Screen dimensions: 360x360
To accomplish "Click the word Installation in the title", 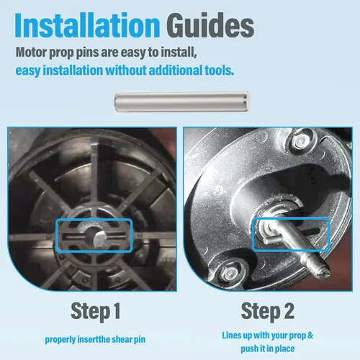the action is [x=87, y=25].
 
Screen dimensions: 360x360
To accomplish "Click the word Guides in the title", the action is [x=210, y=25].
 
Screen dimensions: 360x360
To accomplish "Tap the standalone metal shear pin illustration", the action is [x=182, y=102].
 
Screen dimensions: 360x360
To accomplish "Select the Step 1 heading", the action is [x=96, y=311].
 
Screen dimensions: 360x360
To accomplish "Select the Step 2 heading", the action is [x=268, y=311].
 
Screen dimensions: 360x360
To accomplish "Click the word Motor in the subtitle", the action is [x=31, y=52].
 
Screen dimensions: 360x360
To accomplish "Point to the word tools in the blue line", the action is [x=219, y=71].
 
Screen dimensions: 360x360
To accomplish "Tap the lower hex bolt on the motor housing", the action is [x=230, y=274].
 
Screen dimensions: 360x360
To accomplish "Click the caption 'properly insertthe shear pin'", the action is [x=95, y=340].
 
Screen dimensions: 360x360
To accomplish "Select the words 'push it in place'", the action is [x=268, y=348].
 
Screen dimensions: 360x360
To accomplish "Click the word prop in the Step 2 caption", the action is [x=297, y=336].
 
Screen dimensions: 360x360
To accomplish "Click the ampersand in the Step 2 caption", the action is [x=310, y=336].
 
